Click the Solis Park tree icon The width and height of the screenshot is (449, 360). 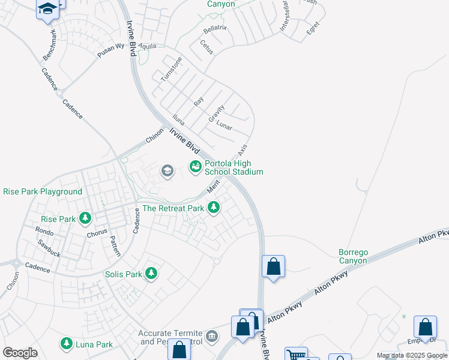pos(151,274)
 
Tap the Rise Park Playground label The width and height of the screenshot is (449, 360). pos(43,192)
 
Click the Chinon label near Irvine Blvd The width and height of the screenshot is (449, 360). pos(154,136)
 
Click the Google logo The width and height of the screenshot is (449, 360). pos(20,353)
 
